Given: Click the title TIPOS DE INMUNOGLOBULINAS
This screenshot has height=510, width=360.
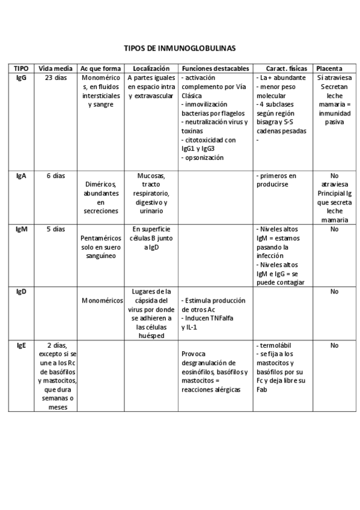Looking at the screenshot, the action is click(x=180, y=48).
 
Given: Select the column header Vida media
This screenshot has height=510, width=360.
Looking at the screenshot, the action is click(x=55, y=69).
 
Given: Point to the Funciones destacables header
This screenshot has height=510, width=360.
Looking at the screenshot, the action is click(x=215, y=69).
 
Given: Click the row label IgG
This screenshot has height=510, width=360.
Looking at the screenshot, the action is click(x=20, y=78).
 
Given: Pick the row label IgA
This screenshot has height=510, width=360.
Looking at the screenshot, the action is click(x=20, y=176).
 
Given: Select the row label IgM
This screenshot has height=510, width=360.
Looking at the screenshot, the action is click(x=20, y=229).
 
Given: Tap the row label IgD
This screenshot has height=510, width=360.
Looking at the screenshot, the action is click(x=20, y=292).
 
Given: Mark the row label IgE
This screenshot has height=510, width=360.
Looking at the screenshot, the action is click(x=20, y=345).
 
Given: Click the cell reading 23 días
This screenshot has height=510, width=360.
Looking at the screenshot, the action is click(x=56, y=78).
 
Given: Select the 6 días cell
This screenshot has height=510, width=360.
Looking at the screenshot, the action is click(x=56, y=176).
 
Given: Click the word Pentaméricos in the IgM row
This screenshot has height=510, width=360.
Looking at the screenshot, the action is click(x=100, y=238).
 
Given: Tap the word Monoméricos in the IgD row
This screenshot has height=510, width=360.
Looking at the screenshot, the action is click(x=101, y=301).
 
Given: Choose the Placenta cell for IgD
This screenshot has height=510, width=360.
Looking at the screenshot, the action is click(x=334, y=292).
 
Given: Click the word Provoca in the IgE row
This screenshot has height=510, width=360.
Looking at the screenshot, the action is click(x=193, y=354).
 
